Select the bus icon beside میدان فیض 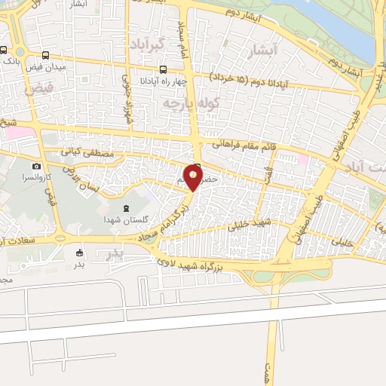click(x=47, y=56)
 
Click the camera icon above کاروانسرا click(x=36, y=165)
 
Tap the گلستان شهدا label click(x=124, y=218)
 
